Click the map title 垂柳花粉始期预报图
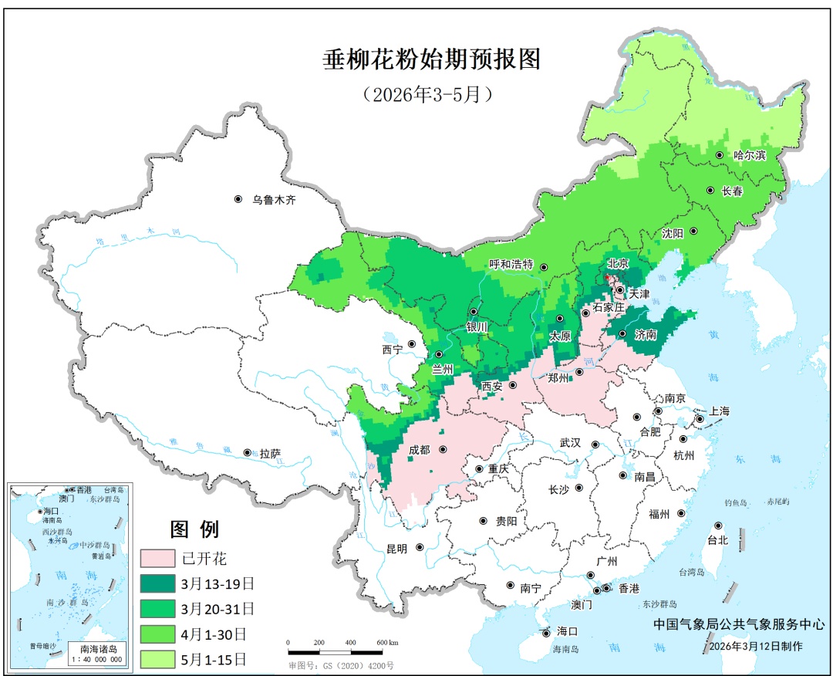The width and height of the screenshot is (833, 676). tap(431, 59)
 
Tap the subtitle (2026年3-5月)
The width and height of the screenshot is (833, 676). tap(427, 94)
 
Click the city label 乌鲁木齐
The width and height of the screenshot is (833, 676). tap(274, 200)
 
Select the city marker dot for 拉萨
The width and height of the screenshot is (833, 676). tap(247, 453)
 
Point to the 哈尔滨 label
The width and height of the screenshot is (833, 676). tap(749, 155)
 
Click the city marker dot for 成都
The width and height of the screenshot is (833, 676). tap(443, 449)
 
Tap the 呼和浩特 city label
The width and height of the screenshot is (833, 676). tap(511, 264)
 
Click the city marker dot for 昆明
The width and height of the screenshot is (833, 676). tap(420, 548)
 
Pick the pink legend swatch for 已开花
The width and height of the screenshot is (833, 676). tap(157, 558)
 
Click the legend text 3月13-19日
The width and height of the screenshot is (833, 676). tap(218, 583)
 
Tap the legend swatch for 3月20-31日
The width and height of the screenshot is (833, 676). tap(157, 608)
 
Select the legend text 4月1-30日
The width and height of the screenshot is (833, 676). tap(214, 634)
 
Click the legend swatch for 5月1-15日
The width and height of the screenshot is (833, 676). tap(157, 658)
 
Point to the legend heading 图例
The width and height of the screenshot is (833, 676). tap(194, 529)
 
